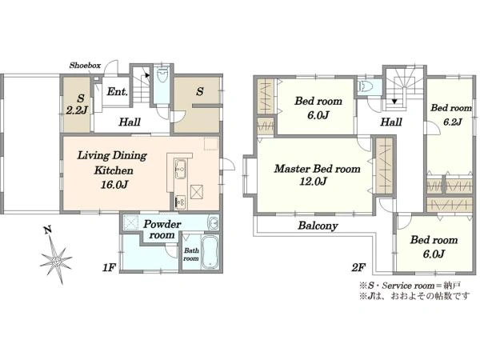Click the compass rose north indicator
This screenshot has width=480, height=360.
pos(56,256)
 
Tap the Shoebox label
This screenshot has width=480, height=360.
pos(85,66)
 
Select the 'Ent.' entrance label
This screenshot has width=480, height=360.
pos(117,91)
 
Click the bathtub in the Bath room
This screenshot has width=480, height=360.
pos(210,252)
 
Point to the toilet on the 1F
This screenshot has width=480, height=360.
pos(162,75)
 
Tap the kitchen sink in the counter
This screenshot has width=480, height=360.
pos(180,168)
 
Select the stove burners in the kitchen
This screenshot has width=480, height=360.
pos(180,202)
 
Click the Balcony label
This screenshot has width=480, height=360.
pos(318,226)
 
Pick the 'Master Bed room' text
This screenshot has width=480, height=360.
pos(317,169)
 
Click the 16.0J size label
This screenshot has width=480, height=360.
pos(114,185)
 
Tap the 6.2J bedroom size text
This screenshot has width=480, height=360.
pos(453,122)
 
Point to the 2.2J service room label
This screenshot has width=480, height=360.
pos(77,110)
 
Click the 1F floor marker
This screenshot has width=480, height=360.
pos(109,268)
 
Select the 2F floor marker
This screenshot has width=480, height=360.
pos(358,268)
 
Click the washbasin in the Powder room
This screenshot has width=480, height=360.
pos(213,222)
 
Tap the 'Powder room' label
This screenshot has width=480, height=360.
pos(162,230)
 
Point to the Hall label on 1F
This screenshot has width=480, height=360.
pos(130,122)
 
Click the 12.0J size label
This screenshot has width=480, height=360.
pos(313,182)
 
